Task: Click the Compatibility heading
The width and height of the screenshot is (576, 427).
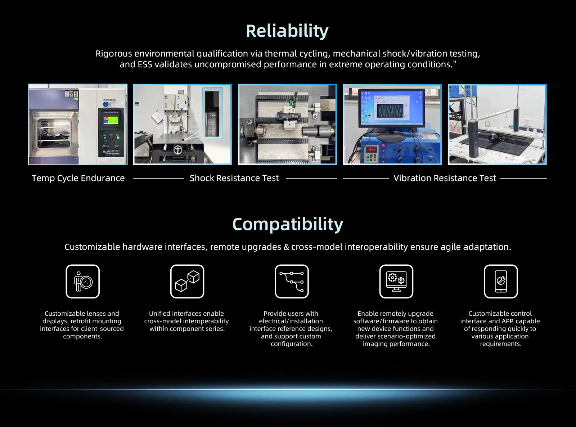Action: point(288,224)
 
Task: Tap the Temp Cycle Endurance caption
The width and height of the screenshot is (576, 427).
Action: point(78,178)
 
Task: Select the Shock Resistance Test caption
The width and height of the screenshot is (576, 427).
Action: point(234,178)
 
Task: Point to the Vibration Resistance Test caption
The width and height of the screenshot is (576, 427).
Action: point(445,178)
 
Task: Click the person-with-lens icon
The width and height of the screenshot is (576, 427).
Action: point(82,282)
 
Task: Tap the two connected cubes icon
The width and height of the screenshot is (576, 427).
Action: point(187,282)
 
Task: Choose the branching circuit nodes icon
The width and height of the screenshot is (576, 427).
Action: point(292,282)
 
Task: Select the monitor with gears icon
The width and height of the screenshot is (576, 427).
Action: point(396,282)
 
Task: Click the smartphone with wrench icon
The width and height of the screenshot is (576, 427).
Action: point(501,282)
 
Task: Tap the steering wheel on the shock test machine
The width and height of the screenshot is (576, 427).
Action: point(178,150)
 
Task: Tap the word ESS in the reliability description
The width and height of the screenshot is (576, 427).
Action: point(145,64)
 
